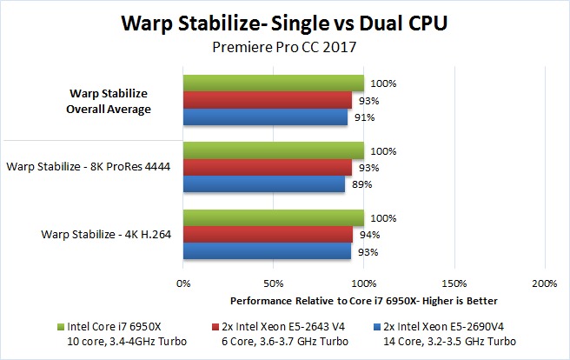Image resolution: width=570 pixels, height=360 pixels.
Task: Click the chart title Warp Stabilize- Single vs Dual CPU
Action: pos(286,23)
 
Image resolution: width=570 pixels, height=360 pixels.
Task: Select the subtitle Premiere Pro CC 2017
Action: pos(286,49)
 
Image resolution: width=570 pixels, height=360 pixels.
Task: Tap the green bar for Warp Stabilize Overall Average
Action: pos(274,83)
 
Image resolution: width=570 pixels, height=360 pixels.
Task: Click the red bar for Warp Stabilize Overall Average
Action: pos(268,101)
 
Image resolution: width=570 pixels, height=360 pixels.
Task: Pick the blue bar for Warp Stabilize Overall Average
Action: pos(266,117)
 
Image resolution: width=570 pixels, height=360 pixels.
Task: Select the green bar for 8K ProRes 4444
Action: pos(274,150)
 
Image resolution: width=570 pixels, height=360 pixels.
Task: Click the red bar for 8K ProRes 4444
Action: pos(268,167)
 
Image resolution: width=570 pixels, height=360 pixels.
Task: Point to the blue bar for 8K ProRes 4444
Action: pos(264,183)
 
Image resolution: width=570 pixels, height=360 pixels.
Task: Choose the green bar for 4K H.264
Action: pos(274,217)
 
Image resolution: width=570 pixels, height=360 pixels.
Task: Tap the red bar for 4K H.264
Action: pos(268,234)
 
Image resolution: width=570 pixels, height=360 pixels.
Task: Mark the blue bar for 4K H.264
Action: pos(268,250)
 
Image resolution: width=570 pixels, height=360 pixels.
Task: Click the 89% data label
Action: pos(361,184)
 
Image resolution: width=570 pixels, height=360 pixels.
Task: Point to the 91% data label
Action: pos(365,118)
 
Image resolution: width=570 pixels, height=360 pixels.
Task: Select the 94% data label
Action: pos(370,235)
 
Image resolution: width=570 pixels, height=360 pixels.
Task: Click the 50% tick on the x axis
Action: pos(274,283)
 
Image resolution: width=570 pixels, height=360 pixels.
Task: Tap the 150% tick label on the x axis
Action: pos(454,283)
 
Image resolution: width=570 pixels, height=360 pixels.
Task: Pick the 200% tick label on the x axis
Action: pos(545,283)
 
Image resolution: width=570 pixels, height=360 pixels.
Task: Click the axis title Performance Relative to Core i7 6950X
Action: pos(364,300)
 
